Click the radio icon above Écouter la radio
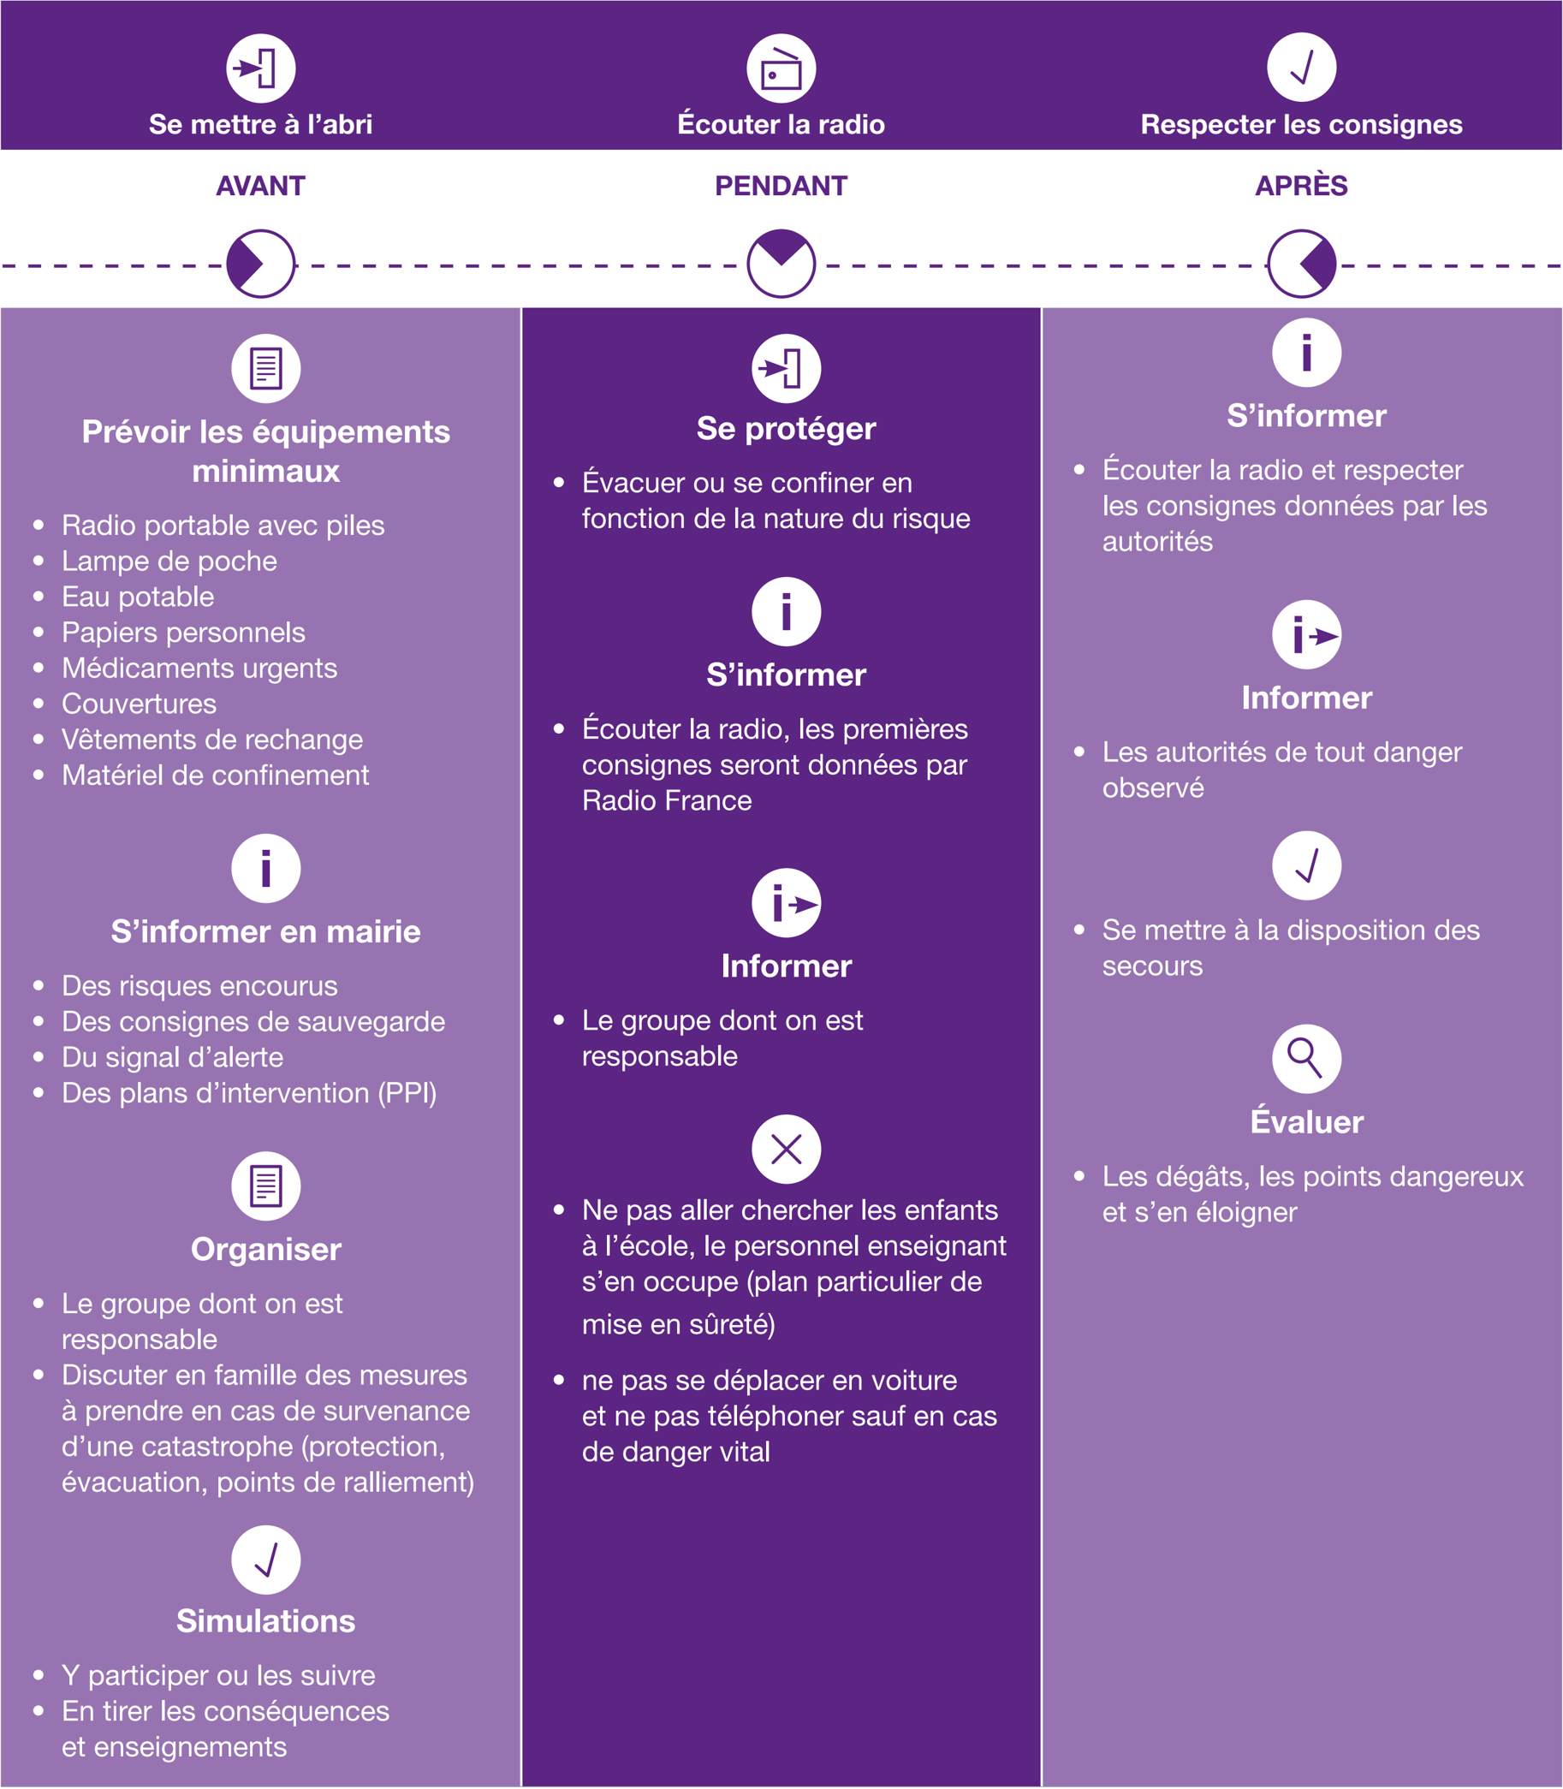coord(781,68)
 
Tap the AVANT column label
coord(261,186)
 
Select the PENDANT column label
coord(781,186)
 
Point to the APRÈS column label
coord(1301,186)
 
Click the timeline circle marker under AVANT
coord(261,264)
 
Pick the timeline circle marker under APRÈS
coord(1301,264)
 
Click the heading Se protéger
coord(786,428)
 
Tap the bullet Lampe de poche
coord(169,561)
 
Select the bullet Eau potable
coord(138,597)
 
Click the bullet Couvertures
coord(139,704)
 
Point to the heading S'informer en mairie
coord(265,931)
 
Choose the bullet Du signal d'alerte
coord(173,1057)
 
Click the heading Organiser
coord(266,1249)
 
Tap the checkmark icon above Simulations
coord(266,1560)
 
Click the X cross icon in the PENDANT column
coord(786,1150)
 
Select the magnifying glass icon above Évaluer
coord(1305,1058)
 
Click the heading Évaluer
coord(1306,1121)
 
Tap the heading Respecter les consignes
coord(1301,124)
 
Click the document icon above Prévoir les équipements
coord(266,368)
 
